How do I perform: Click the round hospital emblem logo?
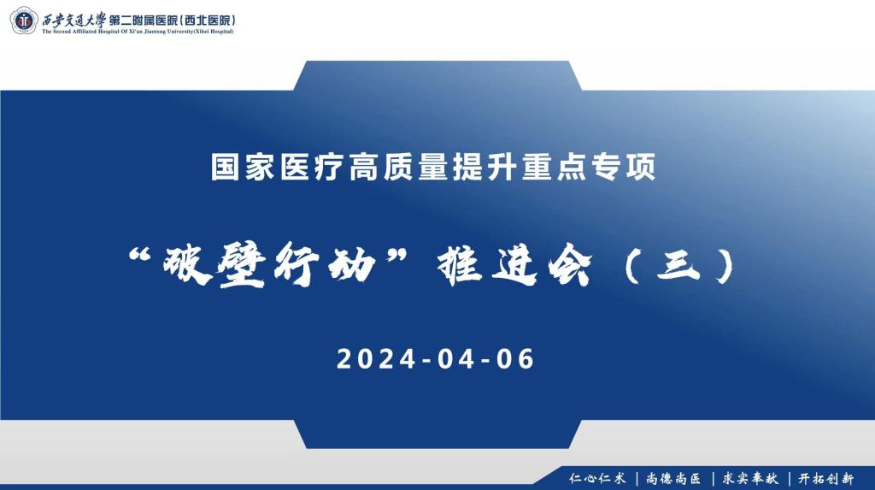point(23,19)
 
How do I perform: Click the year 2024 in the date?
point(374,359)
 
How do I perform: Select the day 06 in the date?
point(515,359)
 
